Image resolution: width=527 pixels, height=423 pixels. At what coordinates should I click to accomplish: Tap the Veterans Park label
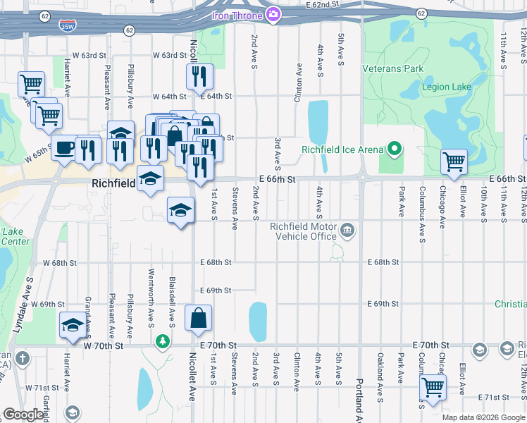pyautogui.click(x=393, y=69)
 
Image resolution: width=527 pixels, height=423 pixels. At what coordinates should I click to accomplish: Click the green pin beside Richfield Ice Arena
pyautogui.click(x=395, y=149)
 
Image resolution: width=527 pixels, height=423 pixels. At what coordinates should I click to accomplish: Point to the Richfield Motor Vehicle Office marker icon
pyautogui.click(x=347, y=230)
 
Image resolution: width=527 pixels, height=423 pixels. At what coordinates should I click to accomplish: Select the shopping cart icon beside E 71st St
pyautogui.click(x=433, y=387)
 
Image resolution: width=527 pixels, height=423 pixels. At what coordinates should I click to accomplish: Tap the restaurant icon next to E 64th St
pyautogui.click(x=199, y=76)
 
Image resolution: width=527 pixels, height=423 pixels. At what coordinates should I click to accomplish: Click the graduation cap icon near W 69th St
pyautogui.click(x=72, y=324)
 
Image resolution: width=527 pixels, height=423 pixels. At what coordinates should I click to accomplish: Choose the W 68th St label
pyautogui.click(x=59, y=263)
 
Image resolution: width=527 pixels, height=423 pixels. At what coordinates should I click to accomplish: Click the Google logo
pyautogui.click(x=23, y=415)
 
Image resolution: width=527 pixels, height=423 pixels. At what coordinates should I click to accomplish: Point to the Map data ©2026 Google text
pyautogui.click(x=483, y=417)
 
